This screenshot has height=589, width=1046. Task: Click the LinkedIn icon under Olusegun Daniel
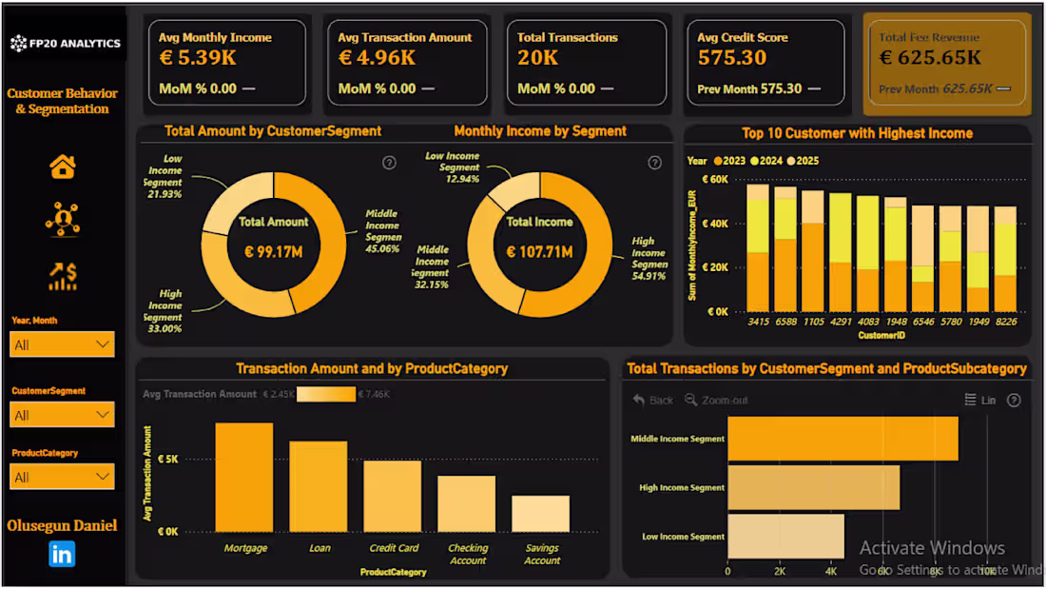click(62, 554)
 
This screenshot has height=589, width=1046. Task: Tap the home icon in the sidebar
click(63, 167)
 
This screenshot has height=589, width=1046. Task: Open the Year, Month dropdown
click(62, 344)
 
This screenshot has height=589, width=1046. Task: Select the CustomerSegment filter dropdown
click(62, 415)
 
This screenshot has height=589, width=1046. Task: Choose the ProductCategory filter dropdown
click(62, 477)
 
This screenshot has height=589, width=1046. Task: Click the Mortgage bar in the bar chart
click(244, 478)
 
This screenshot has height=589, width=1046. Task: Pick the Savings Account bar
click(541, 514)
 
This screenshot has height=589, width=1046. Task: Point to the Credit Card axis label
click(394, 548)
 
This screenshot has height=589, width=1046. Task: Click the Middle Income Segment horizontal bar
click(843, 439)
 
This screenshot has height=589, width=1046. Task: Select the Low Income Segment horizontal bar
click(785, 537)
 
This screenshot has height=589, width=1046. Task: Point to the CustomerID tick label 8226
click(1005, 323)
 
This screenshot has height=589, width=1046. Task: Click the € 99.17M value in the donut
click(274, 252)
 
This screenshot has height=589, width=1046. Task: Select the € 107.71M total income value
click(539, 252)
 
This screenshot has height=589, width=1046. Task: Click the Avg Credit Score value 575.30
click(732, 58)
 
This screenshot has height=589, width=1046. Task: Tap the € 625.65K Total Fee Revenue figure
click(930, 58)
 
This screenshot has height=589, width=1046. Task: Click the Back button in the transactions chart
click(653, 401)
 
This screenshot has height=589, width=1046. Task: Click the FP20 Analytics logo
click(65, 43)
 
